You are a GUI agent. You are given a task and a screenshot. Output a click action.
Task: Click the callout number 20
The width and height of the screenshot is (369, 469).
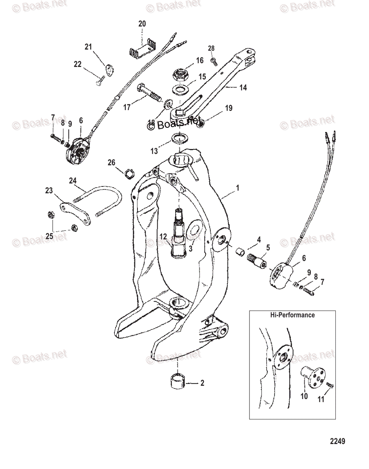pos(142,24)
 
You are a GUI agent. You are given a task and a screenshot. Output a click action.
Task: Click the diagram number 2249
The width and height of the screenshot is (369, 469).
pos(337,442)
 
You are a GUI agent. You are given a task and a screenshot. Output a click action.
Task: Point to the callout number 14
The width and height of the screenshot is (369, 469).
pos(242,88)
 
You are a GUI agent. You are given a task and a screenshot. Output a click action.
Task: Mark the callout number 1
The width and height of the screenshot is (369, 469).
pos(237,188)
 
